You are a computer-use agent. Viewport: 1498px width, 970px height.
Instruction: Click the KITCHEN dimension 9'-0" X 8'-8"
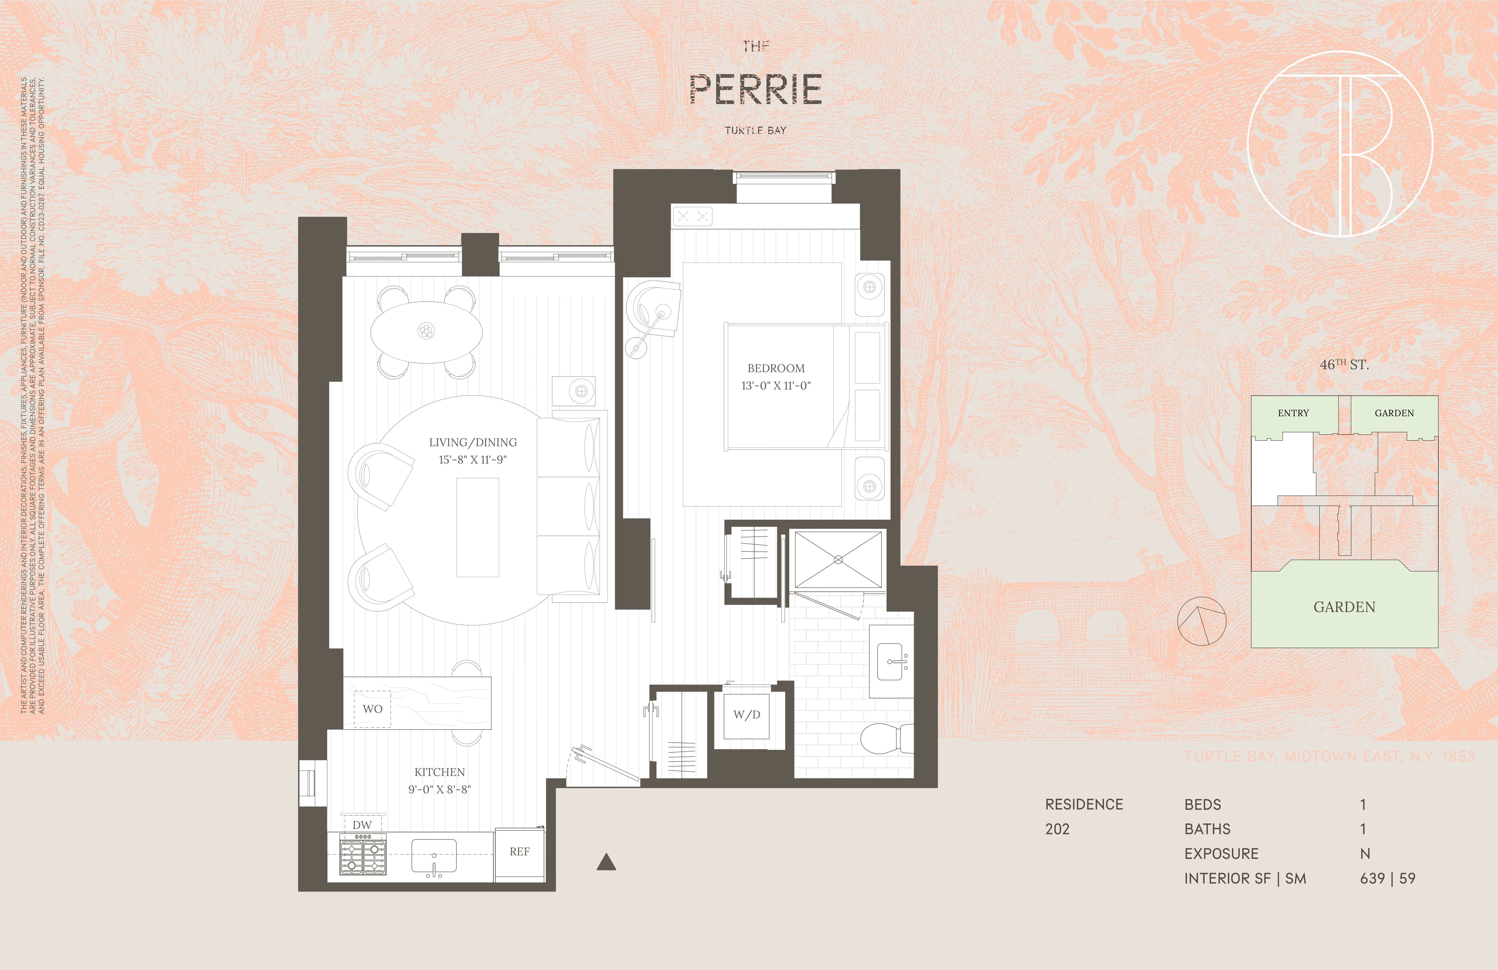(x=439, y=789)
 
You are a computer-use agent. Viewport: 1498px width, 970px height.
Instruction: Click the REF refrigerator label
(x=519, y=852)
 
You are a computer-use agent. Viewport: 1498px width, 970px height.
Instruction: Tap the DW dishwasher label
(x=362, y=824)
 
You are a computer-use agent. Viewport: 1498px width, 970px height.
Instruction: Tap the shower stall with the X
(x=838, y=559)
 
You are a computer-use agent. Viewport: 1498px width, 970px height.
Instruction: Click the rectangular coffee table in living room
(x=477, y=527)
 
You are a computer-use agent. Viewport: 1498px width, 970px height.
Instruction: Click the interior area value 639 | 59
(x=1387, y=879)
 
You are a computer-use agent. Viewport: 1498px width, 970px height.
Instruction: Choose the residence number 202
(x=1057, y=829)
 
